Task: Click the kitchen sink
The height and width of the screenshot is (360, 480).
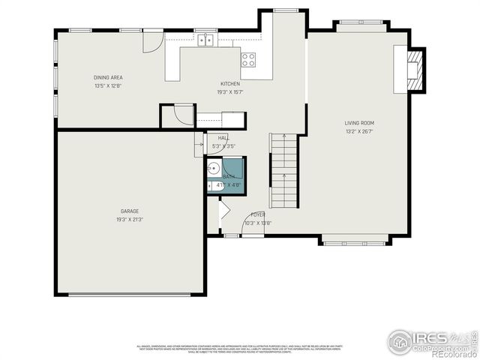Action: click(x=206, y=40)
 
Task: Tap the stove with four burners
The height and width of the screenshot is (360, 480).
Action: click(x=248, y=58)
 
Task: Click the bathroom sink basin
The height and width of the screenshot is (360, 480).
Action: click(x=213, y=167)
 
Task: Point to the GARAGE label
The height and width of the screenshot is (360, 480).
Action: click(x=130, y=211)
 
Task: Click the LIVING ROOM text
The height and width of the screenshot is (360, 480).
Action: click(x=359, y=123)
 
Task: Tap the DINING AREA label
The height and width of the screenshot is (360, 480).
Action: click(x=108, y=77)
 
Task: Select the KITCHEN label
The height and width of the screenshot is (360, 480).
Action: click(x=229, y=83)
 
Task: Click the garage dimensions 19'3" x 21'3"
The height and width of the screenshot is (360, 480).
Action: click(x=130, y=219)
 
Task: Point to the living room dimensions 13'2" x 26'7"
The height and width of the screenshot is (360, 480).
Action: click(x=359, y=131)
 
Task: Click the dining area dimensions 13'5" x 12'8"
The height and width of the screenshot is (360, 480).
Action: click(x=108, y=85)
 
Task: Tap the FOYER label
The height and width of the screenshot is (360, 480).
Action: click(x=257, y=214)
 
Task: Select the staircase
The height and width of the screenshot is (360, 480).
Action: click(x=283, y=171)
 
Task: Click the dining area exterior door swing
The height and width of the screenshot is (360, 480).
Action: click(x=153, y=41)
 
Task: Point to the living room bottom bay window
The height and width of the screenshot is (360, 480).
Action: click(x=354, y=241)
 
